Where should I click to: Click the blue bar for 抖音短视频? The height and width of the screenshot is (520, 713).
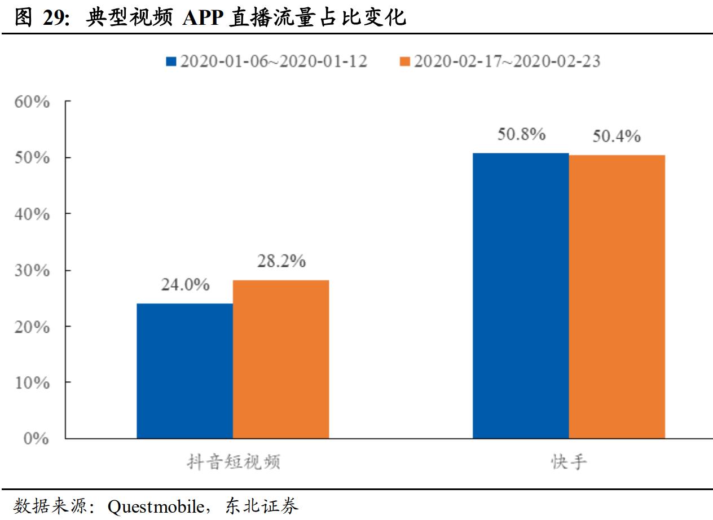click(x=184, y=371)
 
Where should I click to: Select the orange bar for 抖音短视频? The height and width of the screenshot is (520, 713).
click(x=281, y=359)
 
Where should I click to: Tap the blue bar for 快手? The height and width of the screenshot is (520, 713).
click(x=521, y=296)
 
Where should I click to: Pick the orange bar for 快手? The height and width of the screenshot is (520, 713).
click(x=617, y=297)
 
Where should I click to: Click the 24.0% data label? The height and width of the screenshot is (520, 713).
click(x=185, y=285)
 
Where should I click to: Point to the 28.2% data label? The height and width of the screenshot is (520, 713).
click(x=281, y=261)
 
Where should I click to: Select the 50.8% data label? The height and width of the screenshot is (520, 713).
click(x=521, y=134)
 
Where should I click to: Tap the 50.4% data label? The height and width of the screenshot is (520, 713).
click(x=617, y=136)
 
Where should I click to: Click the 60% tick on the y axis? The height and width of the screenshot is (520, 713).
click(x=33, y=102)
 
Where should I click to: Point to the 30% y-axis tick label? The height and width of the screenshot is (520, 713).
click(x=33, y=271)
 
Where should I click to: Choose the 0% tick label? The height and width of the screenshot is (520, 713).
click(x=37, y=439)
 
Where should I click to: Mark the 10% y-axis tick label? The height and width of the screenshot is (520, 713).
click(x=33, y=383)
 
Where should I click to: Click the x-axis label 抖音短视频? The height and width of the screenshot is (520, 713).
click(x=234, y=462)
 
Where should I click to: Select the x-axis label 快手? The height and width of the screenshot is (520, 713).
click(x=569, y=462)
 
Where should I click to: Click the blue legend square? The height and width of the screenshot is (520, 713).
click(x=171, y=61)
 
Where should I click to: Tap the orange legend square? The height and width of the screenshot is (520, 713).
click(x=404, y=61)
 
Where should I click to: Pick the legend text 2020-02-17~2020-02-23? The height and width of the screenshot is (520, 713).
click(x=507, y=61)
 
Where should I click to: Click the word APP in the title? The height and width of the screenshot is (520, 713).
click(x=201, y=18)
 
